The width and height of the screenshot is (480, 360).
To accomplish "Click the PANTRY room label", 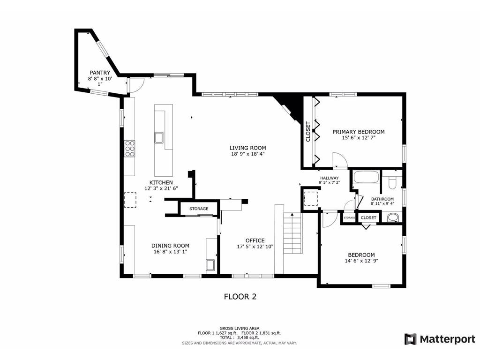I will pyautogui.click(x=100, y=73).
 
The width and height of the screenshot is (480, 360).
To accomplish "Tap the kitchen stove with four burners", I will pyautogui.click(x=130, y=149).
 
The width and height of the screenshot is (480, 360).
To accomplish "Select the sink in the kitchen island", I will pyautogui.click(x=159, y=137).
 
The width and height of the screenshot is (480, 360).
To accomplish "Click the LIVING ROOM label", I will pyautogui.click(x=248, y=148).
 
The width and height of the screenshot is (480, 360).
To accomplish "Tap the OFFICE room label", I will pyautogui.click(x=255, y=240).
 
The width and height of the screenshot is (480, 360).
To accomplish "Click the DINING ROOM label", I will pyautogui.click(x=170, y=246).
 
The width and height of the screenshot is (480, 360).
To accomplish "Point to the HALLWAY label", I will pyautogui.click(x=329, y=178).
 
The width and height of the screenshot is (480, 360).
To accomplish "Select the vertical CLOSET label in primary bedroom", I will pyautogui.click(x=308, y=132).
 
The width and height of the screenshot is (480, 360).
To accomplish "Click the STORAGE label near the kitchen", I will pyautogui.click(x=199, y=209).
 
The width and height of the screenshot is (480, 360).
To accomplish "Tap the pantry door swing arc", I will pyautogui.click(x=135, y=85).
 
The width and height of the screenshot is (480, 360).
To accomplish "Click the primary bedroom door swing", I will pyautogui.click(x=339, y=160).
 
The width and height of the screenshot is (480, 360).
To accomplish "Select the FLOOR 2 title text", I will pyautogui.click(x=240, y=297).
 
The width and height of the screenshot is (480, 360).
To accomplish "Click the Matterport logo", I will pyautogui.click(x=440, y=338).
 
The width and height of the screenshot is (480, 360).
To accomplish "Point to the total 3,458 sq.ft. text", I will pyautogui.click(x=239, y=337).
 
